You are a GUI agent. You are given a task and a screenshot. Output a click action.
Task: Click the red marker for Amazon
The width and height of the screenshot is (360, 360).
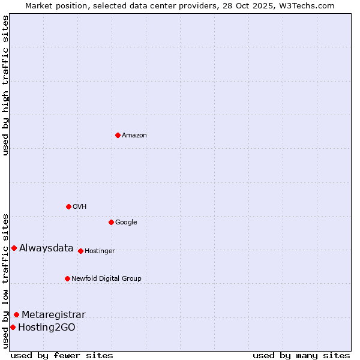(x=118, y=135)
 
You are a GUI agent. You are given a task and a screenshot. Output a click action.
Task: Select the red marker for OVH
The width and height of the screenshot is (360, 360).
(x=68, y=206)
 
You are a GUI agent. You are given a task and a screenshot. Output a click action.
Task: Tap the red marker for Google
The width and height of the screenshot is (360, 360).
(x=111, y=222)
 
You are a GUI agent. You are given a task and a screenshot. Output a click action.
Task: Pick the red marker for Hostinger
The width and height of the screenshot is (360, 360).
(x=80, y=251)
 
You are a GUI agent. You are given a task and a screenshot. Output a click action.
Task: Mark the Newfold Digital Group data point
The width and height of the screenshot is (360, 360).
(x=67, y=278)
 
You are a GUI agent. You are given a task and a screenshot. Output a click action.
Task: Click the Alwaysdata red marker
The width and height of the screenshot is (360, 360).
(x=14, y=248)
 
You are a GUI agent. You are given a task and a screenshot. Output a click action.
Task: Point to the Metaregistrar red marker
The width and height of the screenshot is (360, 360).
(x=16, y=314)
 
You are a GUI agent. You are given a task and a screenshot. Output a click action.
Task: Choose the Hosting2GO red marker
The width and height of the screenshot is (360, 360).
(x=13, y=327)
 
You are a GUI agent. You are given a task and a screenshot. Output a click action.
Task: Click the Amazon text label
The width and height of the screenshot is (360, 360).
(x=134, y=136)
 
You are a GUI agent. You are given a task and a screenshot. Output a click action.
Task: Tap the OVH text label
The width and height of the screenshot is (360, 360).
(x=80, y=207)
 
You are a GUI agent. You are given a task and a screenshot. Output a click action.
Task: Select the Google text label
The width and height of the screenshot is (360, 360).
(x=126, y=223)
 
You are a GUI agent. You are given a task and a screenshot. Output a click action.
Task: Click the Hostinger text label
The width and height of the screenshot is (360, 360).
(x=100, y=251)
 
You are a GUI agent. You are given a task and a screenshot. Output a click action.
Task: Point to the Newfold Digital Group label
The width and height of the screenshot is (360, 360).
(x=106, y=279)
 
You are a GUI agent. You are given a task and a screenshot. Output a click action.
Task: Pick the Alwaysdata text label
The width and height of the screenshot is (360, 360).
(x=46, y=248)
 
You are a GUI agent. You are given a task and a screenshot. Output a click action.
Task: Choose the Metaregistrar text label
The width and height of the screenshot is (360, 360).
(x=53, y=315)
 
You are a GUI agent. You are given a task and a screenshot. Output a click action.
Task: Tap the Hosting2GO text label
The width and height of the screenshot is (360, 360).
(x=47, y=328)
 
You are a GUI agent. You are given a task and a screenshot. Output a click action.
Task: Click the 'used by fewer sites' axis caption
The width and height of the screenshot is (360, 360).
(x=62, y=355)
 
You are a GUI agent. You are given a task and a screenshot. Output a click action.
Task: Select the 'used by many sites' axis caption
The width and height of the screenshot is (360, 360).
(x=301, y=355)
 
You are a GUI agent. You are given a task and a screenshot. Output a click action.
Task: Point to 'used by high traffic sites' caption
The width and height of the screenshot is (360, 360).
(x=5, y=85)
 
